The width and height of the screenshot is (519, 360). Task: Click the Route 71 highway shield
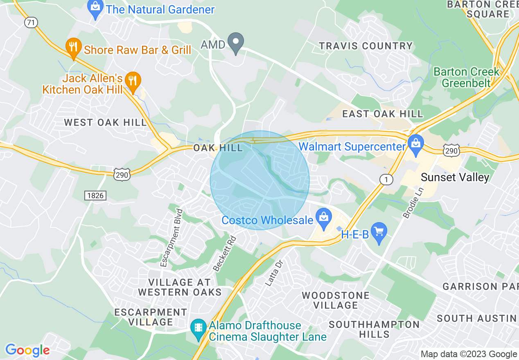[x=31, y=22]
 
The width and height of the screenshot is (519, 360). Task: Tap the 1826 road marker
[x=95, y=196]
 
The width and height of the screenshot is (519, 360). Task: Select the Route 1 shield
[x=385, y=179]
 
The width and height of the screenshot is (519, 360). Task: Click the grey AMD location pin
[x=236, y=43]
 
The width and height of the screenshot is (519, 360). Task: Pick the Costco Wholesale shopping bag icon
[x=324, y=218]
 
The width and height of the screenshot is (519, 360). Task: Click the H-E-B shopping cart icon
[x=379, y=233]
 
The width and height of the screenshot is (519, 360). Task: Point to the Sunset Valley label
[x=455, y=177]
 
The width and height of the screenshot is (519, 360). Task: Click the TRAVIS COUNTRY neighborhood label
[x=366, y=46]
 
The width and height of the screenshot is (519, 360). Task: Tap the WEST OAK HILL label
[x=105, y=122]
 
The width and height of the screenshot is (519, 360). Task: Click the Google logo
[x=27, y=350]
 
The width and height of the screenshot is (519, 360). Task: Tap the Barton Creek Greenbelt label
[x=466, y=77]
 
